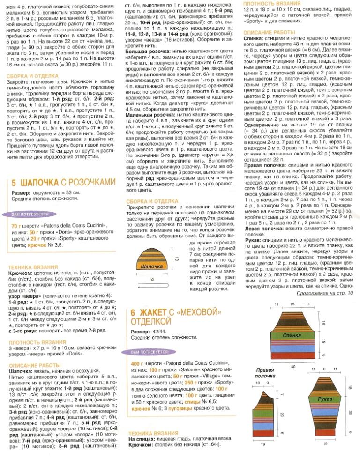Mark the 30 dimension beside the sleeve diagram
pyautogui.click(x=350, y=412)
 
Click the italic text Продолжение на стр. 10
pyautogui.click(x=324, y=294)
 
